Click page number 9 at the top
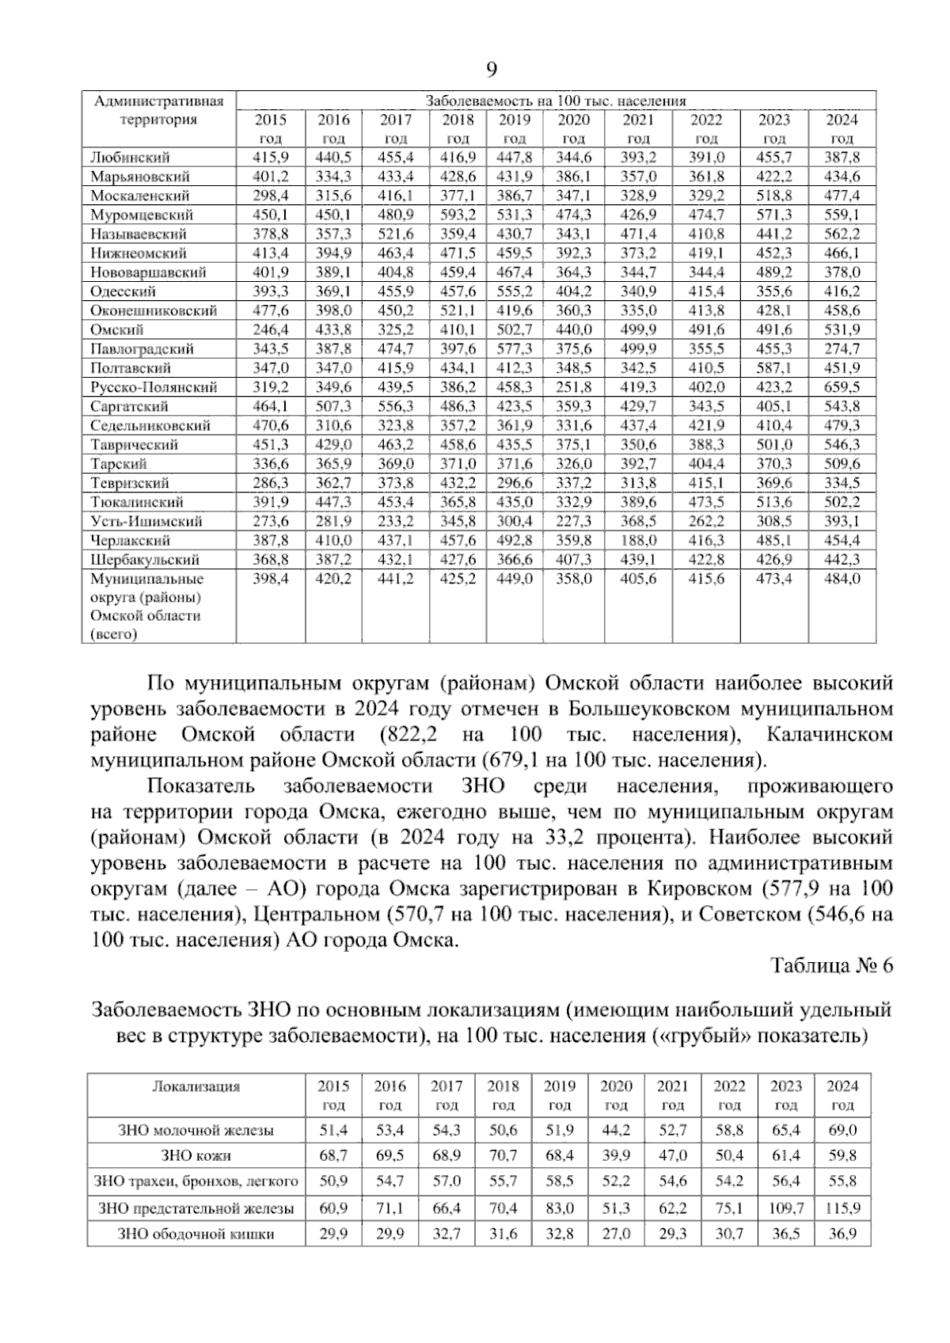pos(490,70)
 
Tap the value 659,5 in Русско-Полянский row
pos(842,387)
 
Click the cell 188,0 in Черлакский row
pos(638,541)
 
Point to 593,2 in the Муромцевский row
pos(458,215)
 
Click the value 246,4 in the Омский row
pos(270,329)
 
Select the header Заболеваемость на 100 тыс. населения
pos(556,101)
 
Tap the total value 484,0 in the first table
pos(842,579)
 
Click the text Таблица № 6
pos(831,966)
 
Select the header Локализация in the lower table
pos(196,1086)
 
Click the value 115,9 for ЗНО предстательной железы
pos(842,1208)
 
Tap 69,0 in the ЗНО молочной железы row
pos(842,1130)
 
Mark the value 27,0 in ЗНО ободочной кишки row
pos(616,1234)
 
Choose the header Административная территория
pos(158,111)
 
